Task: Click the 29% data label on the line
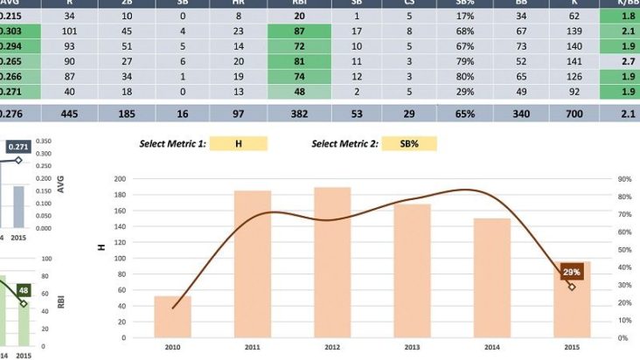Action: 571,272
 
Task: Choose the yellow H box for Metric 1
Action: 239,143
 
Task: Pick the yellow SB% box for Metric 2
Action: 407,143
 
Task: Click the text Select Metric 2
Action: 344,143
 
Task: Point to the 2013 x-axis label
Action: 412,348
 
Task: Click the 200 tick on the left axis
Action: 120,178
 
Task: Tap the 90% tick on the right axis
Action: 624,178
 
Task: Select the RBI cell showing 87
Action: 300,31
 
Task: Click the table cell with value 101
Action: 69,31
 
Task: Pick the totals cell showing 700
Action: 574,113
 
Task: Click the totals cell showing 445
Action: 69,113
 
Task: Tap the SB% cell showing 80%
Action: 465,77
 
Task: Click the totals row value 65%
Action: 465,113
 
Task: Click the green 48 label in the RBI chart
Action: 24,290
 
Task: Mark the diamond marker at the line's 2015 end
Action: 572,287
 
